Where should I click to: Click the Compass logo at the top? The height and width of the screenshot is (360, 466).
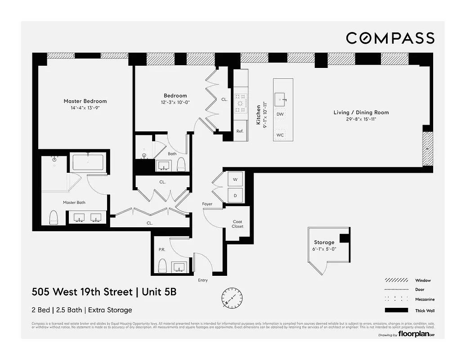pyautogui.click(x=390, y=38)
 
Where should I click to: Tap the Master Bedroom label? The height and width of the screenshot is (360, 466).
pyautogui.click(x=85, y=101)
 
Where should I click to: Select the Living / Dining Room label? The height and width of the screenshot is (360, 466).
pyautogui.click(x=361, y=112)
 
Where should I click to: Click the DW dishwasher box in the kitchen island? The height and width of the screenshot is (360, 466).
pyautogui.click(x=280, y=114)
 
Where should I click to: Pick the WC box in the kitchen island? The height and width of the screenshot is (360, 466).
pyautogui.click(x=280, y=135)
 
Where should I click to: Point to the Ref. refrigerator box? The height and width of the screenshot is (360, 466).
pyautogui.click(x=240, y=131)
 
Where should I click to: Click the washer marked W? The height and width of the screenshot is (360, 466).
pyautogui.click(x=235, y=180)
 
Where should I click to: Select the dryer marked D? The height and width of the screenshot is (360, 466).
pyautogui.click(x=235, y=195)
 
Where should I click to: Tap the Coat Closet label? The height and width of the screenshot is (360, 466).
pyautogui.click(x=237, y=224)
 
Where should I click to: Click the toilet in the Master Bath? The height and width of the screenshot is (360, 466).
pyautogui.click(x=54, y=217)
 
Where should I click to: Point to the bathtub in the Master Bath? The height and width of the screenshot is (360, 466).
pyautogui.click(x=88, y=163)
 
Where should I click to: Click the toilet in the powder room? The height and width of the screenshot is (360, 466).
pyautogui.click(x=163, y=266)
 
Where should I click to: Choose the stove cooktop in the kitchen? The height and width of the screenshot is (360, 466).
pyautogui.click(x=241, y=103)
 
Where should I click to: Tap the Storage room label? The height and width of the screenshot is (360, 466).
pyautogui.click(x=324, y=242)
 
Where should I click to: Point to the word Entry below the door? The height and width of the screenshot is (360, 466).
pyautogui.click(x=203, y=280)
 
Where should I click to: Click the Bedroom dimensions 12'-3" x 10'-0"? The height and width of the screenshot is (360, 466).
pyautogui.click(x=175, y=102)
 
